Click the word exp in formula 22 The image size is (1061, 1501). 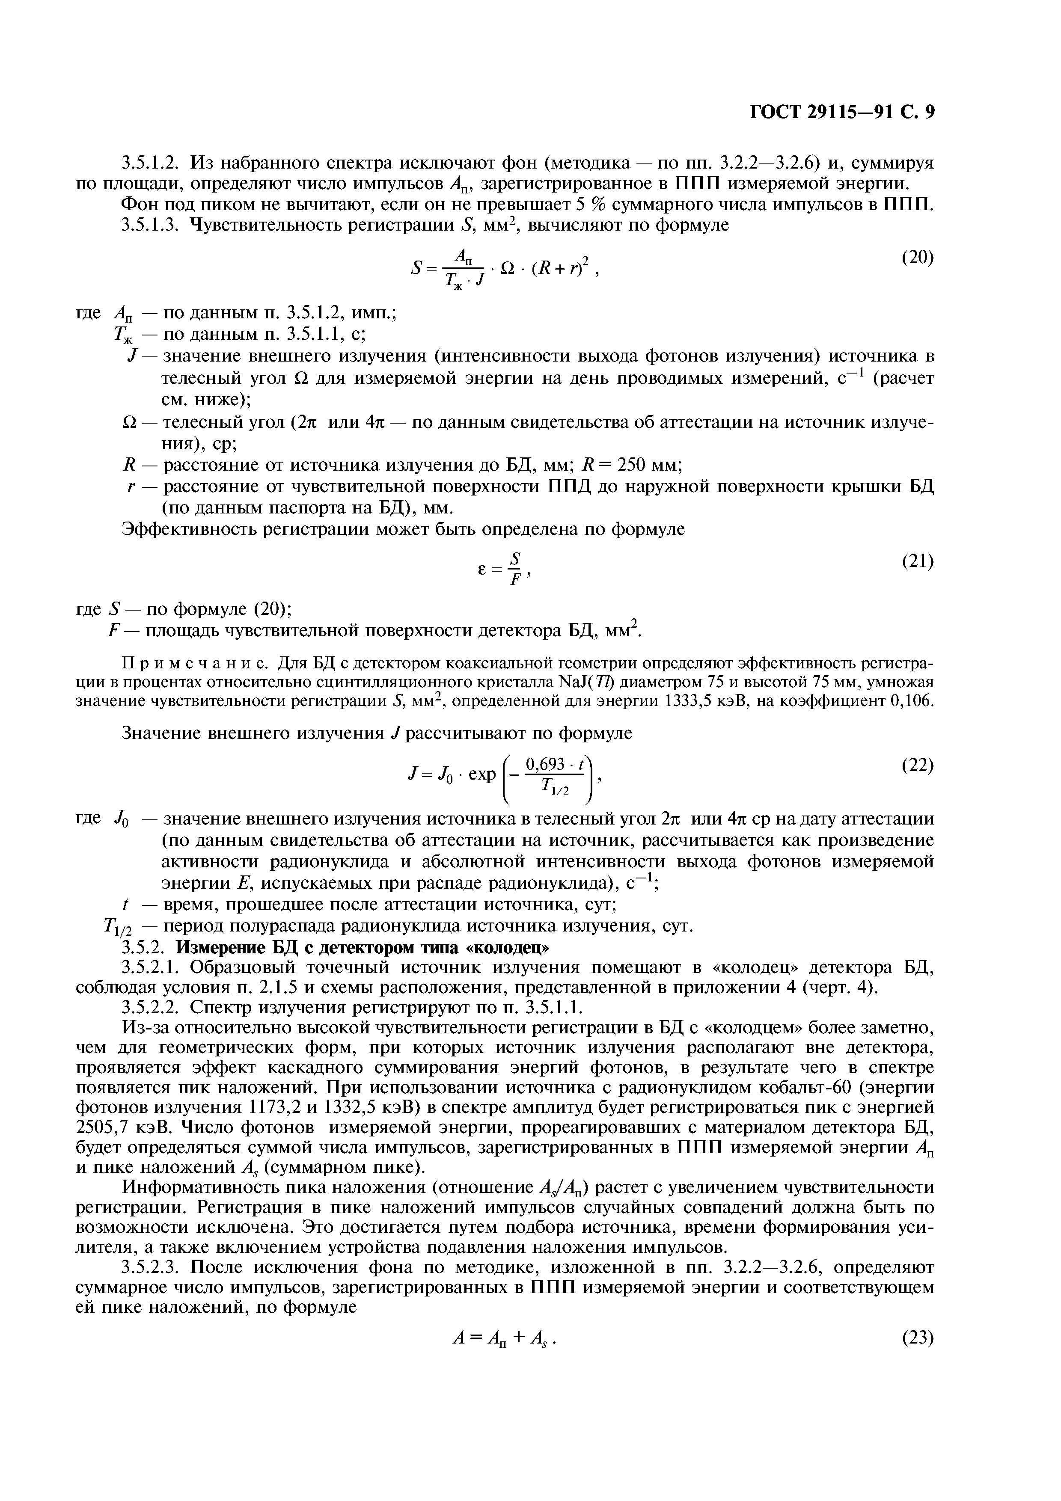click(x=482, y=773)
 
